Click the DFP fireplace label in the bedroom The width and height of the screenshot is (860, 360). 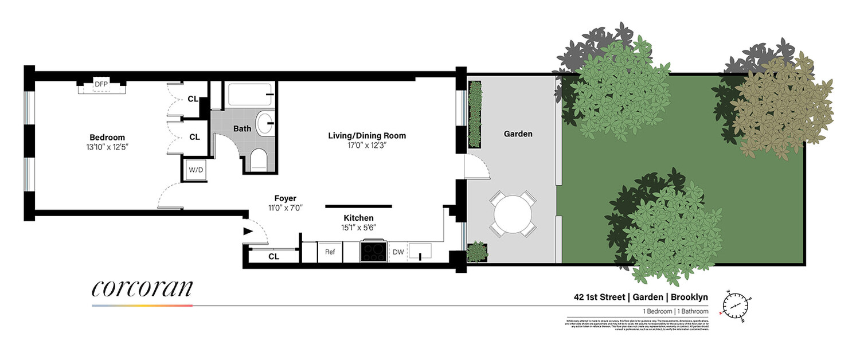(101, 84)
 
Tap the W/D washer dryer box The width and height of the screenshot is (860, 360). (191, 170)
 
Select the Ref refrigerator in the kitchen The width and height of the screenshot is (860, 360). (330, 252)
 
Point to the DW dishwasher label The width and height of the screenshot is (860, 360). (397, 252)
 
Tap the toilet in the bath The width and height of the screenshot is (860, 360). (259, 160)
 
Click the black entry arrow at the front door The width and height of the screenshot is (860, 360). (248, 232)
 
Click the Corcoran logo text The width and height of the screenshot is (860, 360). (142, 289)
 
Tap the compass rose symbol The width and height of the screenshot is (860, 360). (735, 304)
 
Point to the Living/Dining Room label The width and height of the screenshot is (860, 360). (367, 136)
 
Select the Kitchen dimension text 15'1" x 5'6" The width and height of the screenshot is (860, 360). (358, 228)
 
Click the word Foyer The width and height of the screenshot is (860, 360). (284, 198)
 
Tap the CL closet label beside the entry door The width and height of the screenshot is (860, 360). (273, 256)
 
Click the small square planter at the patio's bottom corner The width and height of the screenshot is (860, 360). (476, 251)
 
